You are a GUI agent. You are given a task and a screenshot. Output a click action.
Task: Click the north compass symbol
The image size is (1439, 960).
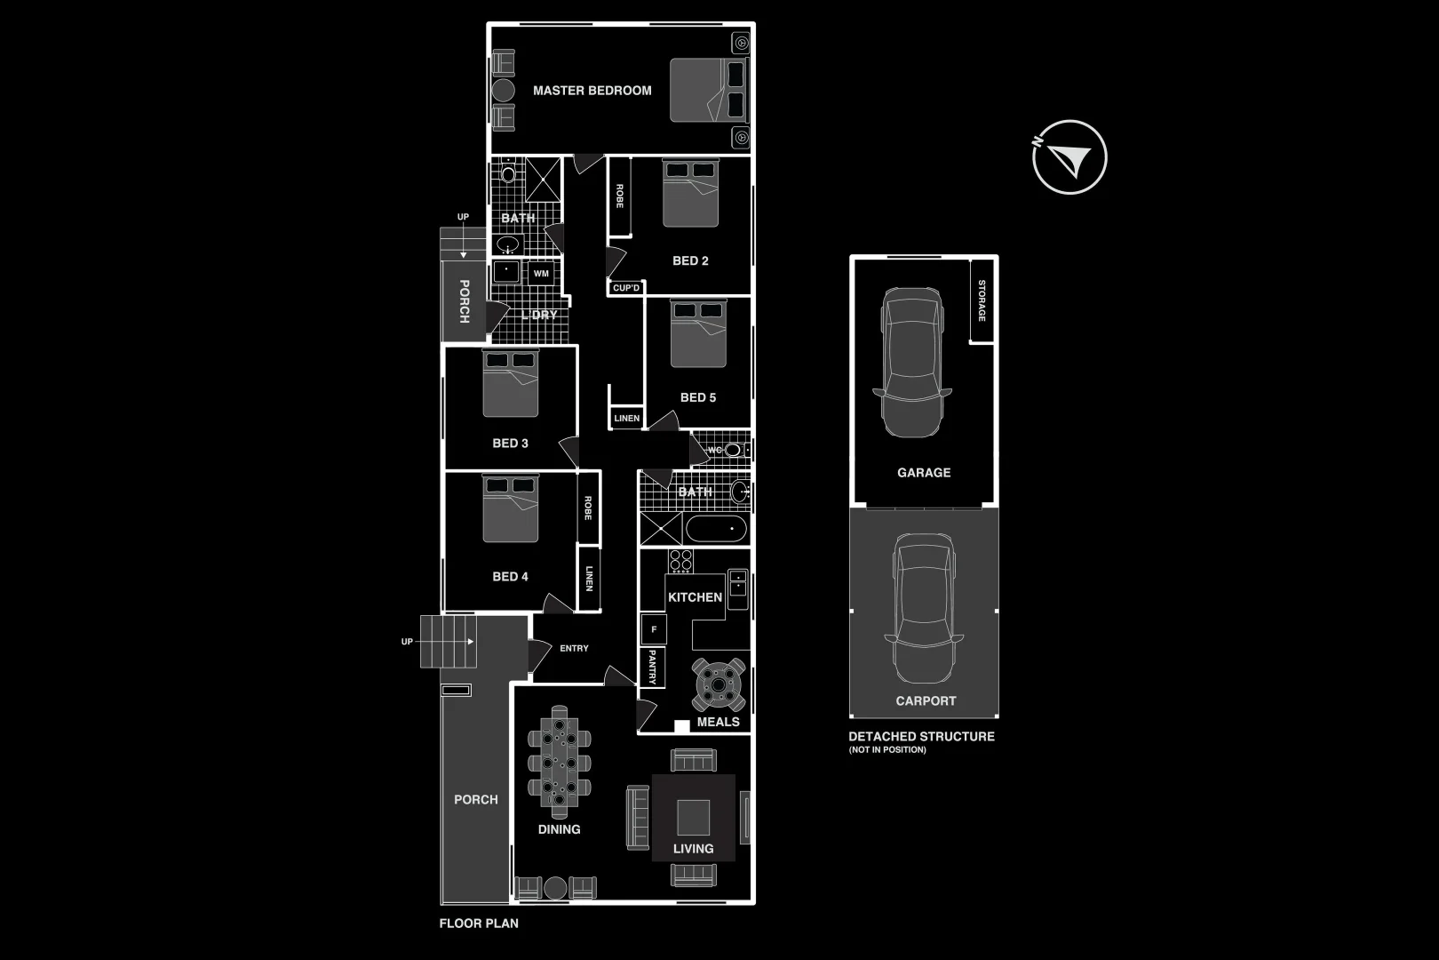(1069, 157)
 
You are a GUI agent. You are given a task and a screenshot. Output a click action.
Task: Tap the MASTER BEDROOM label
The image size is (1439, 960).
(592, 91)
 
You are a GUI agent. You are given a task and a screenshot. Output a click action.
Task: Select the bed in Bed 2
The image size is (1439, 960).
(690, 193)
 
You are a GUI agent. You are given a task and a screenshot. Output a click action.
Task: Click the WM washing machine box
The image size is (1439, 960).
(541, 274)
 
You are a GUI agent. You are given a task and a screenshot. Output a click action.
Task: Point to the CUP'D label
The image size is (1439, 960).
(626, 288)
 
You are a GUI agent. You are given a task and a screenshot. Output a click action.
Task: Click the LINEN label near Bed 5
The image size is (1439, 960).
(626, 418)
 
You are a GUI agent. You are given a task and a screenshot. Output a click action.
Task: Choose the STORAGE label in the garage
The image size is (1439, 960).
(982, 300)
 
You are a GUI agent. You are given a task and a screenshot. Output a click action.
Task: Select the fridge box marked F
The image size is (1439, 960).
(654, 629)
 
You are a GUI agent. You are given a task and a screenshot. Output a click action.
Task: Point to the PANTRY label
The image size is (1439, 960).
(652, 667)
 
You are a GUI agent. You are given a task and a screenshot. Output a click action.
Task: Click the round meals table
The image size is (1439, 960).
(719, 684)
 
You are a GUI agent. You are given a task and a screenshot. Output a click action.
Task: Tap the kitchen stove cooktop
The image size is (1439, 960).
(680, 561)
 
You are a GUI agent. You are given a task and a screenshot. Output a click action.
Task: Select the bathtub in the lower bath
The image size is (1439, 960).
(716, 529)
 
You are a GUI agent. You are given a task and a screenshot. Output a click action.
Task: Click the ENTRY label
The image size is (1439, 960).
(574, 649)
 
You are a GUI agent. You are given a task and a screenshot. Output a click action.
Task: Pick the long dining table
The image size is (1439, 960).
(559, 762)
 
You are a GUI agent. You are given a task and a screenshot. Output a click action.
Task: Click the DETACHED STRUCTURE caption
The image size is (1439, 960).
(921, 737)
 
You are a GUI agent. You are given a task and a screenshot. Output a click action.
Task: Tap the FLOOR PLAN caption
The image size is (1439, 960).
(479, 924)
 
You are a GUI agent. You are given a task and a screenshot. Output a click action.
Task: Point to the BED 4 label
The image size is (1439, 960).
(510, 577)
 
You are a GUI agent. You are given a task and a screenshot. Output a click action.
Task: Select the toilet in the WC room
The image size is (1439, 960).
(732, 450)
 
